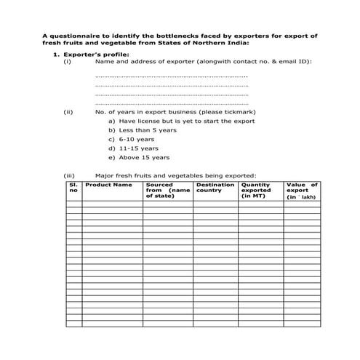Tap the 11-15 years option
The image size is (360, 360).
pos(138,148)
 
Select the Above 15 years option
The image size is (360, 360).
pos(144,157)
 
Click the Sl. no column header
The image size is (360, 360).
pos(73,188)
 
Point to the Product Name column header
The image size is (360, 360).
pos(108,185)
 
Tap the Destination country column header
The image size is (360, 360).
pos(215,188)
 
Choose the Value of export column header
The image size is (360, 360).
pos(302,191)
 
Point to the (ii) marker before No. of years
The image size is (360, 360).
pos(68,112)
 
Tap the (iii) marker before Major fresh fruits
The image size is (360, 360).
pos(69,175)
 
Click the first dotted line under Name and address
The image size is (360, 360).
pos(171,76)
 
